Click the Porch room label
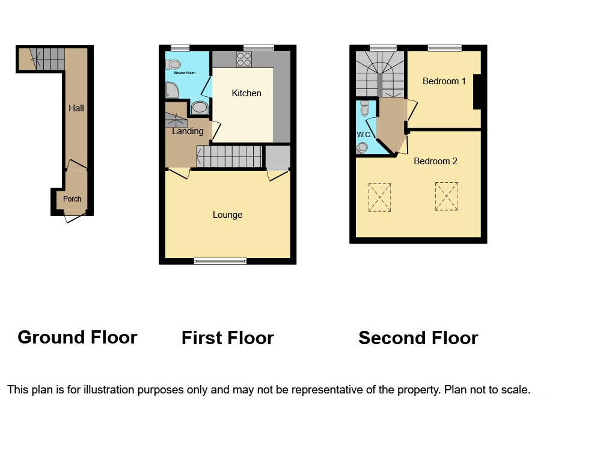(x=72, y=199)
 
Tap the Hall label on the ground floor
(x=76, y=108)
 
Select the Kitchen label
(x=246, y=93)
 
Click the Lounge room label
(x=227, y=215)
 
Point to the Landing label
(x=188, y=131)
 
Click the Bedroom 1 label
(x=444, y=81)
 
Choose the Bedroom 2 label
(x=435, y=161)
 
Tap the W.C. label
(x=364, y=135)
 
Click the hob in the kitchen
(x=244, y=59)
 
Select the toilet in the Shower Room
(x=174, y=64)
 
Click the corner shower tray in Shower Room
(x=172, y=91)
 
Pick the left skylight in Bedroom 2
(x=379, y=198)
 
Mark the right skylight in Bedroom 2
(x=446, y=197)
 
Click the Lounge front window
(x=220, y=261)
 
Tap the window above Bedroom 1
(x=444, y=48)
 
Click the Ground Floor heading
(x=78, y=337)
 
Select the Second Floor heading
(x=418, y=338)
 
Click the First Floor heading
(x=227, y=338)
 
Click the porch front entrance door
(x=75, y=215)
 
